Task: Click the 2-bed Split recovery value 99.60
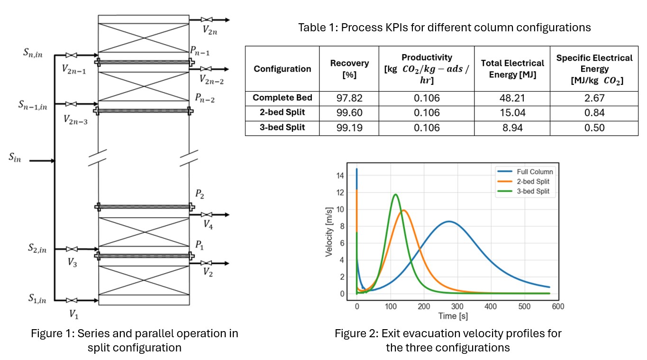tap(349, 113)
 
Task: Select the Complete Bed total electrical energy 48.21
tap(512, 98)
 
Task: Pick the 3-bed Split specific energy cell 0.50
tap(594, 128)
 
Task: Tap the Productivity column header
tap(426, 69)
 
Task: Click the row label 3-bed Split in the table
tap(282, 128)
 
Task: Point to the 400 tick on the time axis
tap(491, 306)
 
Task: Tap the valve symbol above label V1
tap(72, 300)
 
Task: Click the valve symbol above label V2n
tap(206, 19)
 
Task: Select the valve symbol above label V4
tap(207, 215)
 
